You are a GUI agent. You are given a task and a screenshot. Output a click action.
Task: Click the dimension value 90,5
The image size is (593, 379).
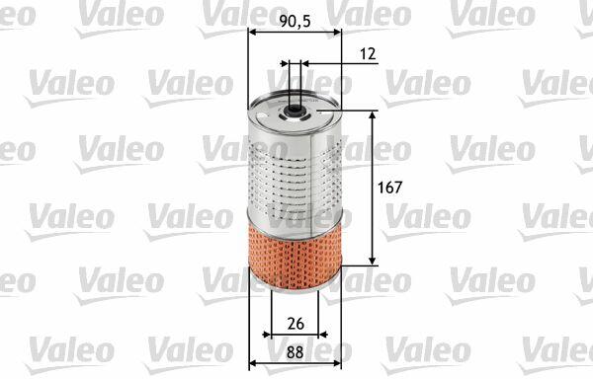tap(295, 22)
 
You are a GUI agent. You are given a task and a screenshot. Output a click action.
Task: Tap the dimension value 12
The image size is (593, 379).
tap(368, 54)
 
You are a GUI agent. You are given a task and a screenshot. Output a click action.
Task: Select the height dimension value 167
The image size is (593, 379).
tap(390, 188)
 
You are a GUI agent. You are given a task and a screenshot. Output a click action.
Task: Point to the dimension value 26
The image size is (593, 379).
tap(296, 324)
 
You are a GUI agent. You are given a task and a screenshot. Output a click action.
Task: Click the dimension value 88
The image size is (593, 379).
tap(295, 352)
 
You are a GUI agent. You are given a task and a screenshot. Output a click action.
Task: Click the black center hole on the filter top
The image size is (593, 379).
tap(294, 110)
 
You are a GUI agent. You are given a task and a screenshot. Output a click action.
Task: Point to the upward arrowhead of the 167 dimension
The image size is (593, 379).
tap(373, 115)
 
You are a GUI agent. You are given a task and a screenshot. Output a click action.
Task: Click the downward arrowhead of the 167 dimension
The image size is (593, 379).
tap(373, 261)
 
